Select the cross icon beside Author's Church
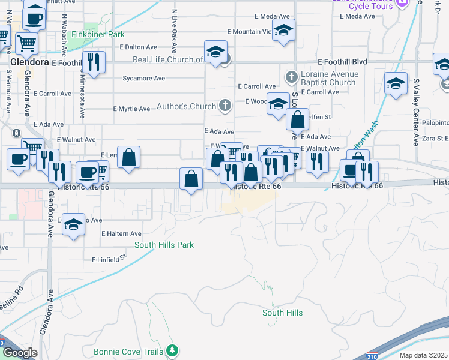[x=225, y=107]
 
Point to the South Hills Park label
[x=164, y=245]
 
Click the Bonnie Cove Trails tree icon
[x=173, y=349]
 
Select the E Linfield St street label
[x=110, y=259]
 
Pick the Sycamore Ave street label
[x=143, y=79]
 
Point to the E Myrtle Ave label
[x=131, y=109]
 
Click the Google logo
[x=19, y=353]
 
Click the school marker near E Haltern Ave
[x=73, y=226]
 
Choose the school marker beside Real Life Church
[x=215, y=52]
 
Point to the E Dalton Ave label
[x=138, y=46]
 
